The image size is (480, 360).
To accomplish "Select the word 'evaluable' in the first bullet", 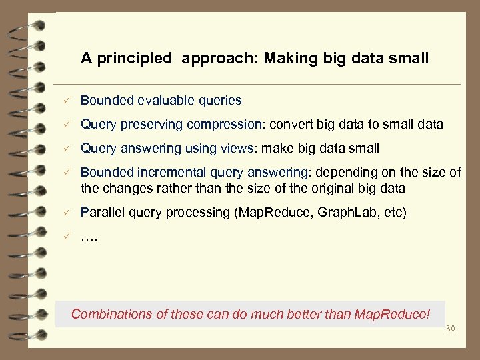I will point(165,101).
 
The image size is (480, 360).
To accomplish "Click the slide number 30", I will point(449,329).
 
